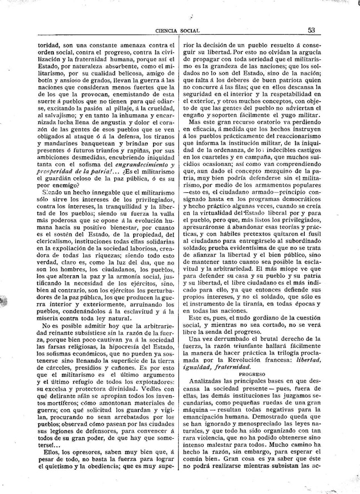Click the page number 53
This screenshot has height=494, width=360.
pyautogui.click(x=326, y=31)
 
